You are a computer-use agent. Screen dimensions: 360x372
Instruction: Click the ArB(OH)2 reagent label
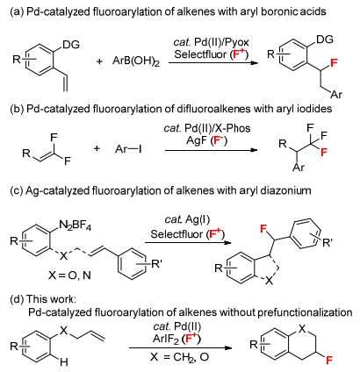pyautogui.click(x=136, y=61)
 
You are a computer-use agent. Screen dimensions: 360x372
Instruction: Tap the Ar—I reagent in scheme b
pyautogui.click(x=128, y=149)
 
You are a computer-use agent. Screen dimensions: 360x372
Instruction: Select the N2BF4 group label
pyautogui.click(x=75, y=225)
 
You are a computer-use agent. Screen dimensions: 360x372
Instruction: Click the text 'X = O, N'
pyautogui.click(x=69, y=275)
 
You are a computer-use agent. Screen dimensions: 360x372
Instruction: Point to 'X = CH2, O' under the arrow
pyautogui.click(x=179, y=357)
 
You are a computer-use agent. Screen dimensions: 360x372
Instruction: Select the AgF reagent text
pyautogui.click(x=197, y=140)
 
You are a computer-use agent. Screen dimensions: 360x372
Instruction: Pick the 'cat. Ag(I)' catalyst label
pyautogui.click(x=187, y=219)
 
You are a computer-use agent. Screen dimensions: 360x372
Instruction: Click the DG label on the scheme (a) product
pyautogui.click(x=325, y=39)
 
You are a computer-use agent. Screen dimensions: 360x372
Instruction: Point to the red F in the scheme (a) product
pyautogui.click(x=334, y=62)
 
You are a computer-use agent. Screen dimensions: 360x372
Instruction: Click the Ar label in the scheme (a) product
pyautogui.click(x=336, y=95)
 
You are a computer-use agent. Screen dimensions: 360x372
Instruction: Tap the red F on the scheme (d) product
pyautogui.click(x=329, y=360)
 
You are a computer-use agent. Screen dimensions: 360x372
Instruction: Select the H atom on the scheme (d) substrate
pyautogui.click(x=64, y=362)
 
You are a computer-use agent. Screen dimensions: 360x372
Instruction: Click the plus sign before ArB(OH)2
pyautogui.click(x=100, y=61)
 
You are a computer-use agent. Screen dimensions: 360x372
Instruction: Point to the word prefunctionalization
pyautogui.click(x=305, y=312)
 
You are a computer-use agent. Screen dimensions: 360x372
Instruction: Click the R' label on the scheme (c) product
pyautogui.click(x=327, y=242)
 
